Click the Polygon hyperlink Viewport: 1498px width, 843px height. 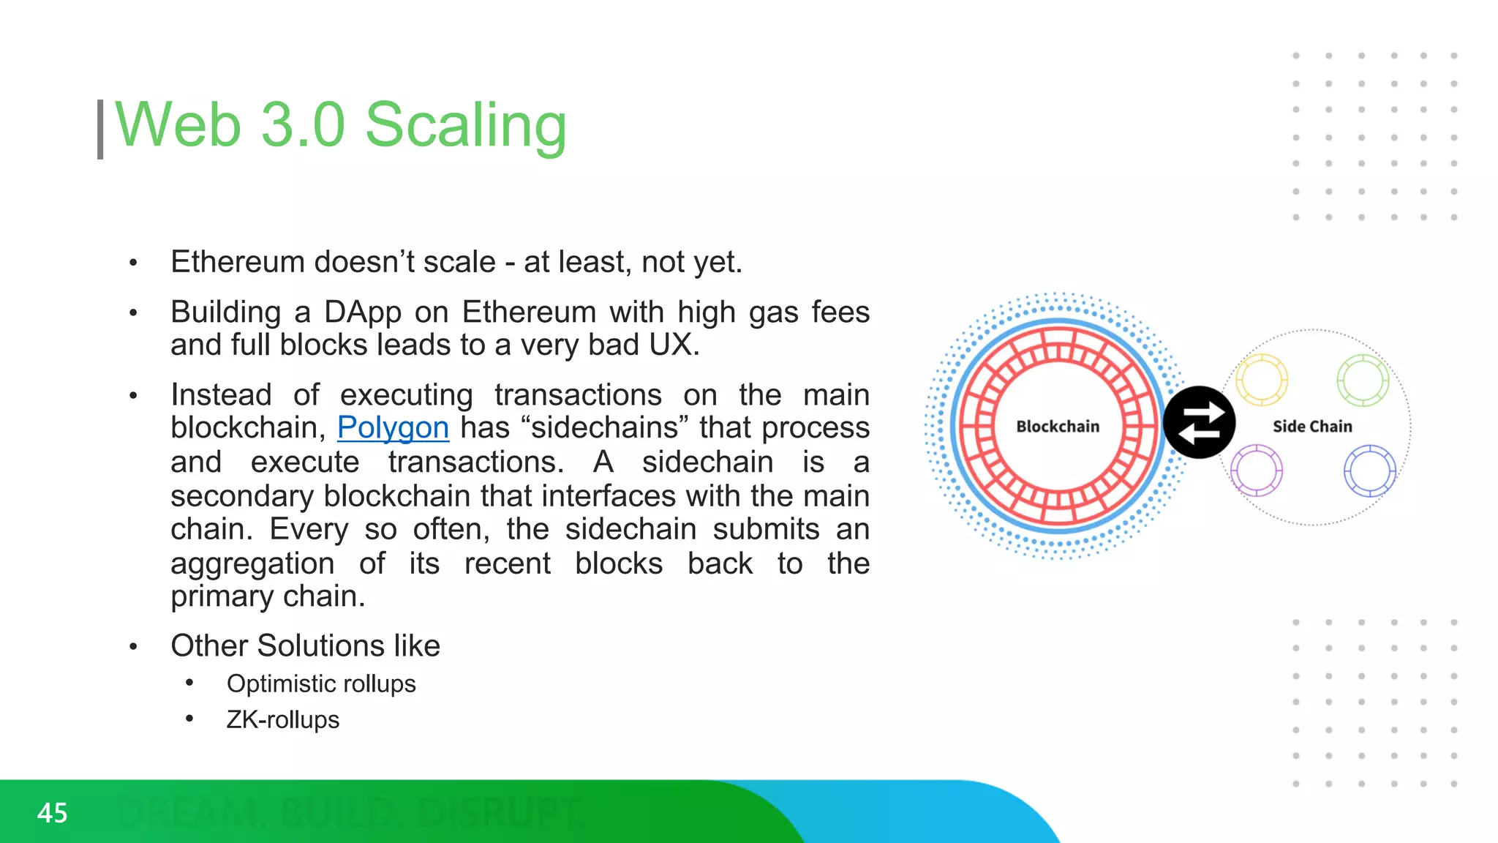[393, 427]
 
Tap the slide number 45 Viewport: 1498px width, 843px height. [52, 813]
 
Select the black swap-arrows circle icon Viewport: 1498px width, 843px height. [1199, 422]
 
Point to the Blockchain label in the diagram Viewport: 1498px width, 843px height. [1058, 427]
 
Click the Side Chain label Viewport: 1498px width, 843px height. [1312, 427]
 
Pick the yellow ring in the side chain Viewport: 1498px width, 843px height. [1261, 380]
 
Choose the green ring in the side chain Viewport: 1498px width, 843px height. [1363, 380]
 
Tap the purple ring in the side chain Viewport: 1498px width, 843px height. [1257, 471]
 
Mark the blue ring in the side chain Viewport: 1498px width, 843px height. [1369, 471]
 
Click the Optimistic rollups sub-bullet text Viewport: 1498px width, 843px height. [321, 683]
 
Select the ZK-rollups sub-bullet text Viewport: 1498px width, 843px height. [283, 719]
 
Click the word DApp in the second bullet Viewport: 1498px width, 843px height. [363, 312]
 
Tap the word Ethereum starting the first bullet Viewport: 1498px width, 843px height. [238, 262]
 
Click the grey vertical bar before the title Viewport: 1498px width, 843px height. [100, 130]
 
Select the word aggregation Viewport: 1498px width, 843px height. [252, 563]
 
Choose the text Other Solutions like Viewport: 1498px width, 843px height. [305, 645]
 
